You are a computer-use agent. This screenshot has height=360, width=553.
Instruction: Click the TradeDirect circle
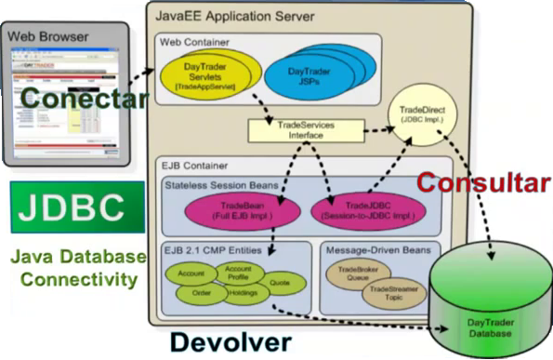(415, 113)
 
